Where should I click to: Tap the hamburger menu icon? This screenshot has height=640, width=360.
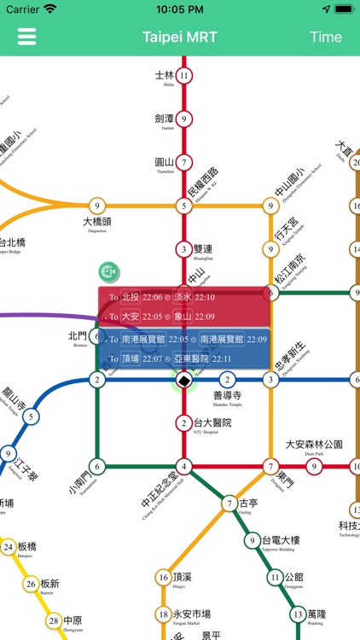pos(26,37)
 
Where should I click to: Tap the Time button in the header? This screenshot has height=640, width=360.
pos(325,37)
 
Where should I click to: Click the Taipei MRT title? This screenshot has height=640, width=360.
pos(179,37)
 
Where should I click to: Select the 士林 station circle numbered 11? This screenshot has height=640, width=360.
pos(183,75)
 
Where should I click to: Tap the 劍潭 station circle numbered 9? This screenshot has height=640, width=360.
pos(183,119)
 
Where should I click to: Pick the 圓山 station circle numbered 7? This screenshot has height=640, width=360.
pos(183,162)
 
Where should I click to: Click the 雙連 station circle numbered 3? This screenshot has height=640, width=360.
pos(183,249)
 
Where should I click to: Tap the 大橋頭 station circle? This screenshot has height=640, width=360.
pos(97,205)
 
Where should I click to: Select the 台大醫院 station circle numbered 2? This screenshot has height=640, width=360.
pos(183,422)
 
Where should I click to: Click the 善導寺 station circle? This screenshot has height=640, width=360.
pos(227,380)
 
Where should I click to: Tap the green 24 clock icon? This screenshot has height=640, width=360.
pos(108,272)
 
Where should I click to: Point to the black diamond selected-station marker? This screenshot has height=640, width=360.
pos(183,380)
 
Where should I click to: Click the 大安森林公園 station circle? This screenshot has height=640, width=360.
pos(314,466)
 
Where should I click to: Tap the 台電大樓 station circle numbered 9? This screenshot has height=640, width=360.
pos(253,540)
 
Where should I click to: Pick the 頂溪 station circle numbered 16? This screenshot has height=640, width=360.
pos(163,578)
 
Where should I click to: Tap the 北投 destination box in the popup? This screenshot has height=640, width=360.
pos(130,298)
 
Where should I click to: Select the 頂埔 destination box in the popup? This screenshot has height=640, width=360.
pos(130,359)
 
